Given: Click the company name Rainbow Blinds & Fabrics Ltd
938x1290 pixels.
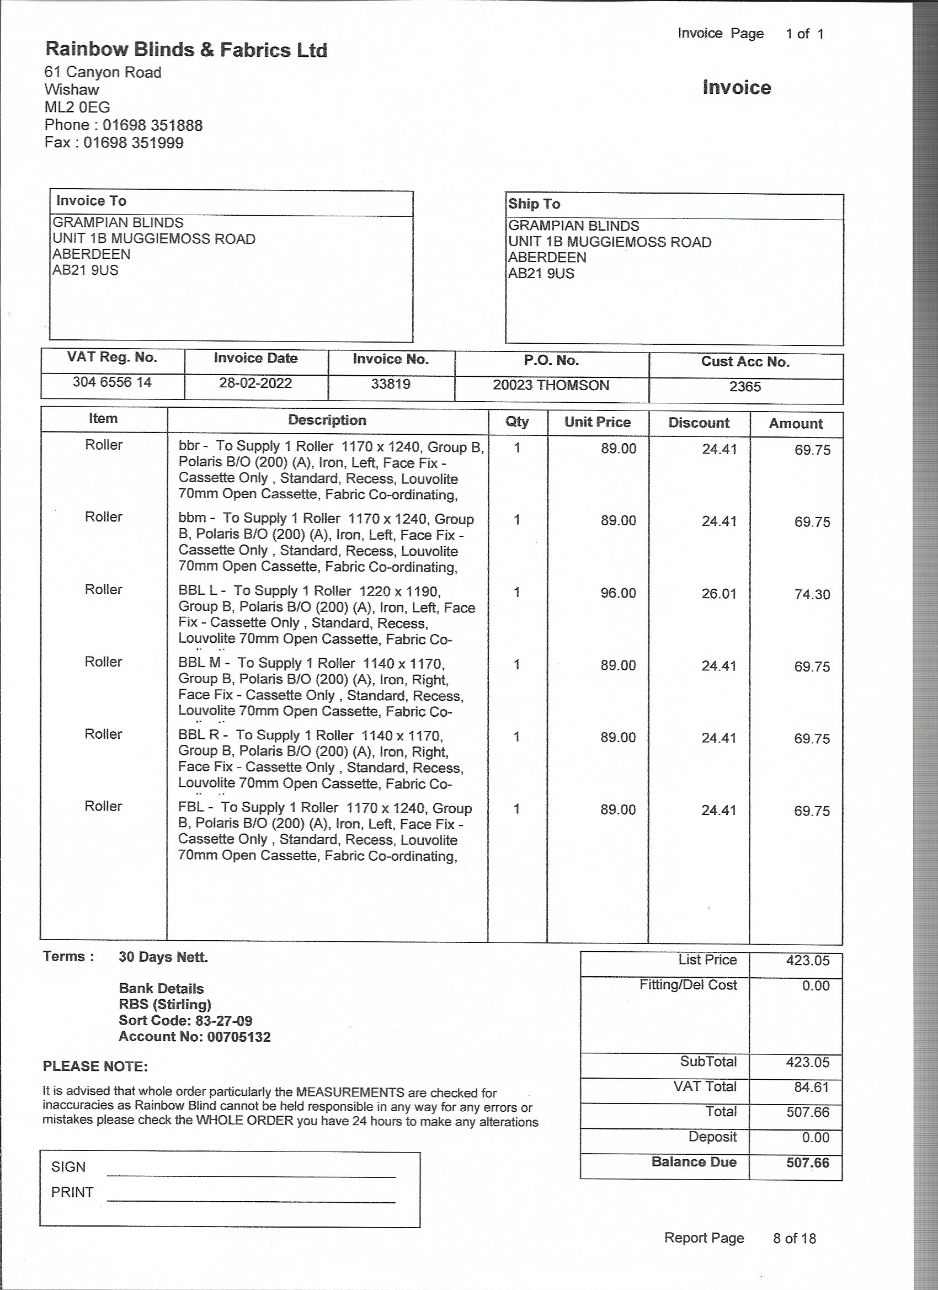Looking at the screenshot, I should click(x=186, y=50).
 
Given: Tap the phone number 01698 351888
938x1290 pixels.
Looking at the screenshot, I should click(x=152, y=125).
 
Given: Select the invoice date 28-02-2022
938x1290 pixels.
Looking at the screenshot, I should click(x=255, y=383).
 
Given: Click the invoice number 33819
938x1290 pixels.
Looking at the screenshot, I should click(x=391, y=384).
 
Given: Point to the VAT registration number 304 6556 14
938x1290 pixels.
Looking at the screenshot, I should click(x=112, y=382).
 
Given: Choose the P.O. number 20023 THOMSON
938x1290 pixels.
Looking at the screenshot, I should click(x=551, y=385).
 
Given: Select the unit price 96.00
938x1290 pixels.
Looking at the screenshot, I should click(x=618, y=593).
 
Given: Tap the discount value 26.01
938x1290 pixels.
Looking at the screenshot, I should click(x=718, y=594).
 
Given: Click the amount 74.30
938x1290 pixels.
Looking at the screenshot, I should click(x=812, y=594).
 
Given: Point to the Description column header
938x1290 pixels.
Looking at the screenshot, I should click(x=327, y=420).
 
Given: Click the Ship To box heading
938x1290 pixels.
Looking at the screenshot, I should click(x=534, y=204).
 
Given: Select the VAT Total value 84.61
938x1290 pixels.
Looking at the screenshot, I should click(x=811, y=1087).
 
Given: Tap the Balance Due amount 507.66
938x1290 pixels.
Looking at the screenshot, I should click(x=808, y=1163).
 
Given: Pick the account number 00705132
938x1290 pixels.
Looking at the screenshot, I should click(x=239, y=1037).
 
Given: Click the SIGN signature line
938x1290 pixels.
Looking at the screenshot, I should click(x=251, y=1173).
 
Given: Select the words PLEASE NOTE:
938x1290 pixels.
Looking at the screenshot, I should click(x=95, y=1067).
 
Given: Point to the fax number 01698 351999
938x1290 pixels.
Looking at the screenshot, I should click(x=133, y=143).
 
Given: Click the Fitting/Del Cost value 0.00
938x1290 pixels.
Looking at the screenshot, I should click(x=816, y=985).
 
